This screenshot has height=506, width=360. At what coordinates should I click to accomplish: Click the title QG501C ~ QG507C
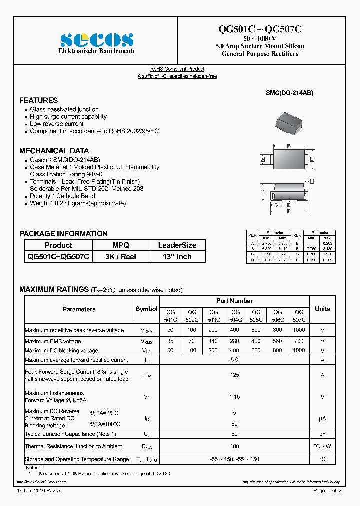click(260, 29)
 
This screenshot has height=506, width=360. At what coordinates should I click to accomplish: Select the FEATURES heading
click(38, 100)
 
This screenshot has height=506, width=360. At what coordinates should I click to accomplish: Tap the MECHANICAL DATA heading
click(54, 150)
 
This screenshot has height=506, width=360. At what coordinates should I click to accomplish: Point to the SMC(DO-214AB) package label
click(289, 93)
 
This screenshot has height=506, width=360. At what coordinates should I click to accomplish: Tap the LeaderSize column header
click(177, 245)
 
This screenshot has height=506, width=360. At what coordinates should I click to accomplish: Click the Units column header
click(322, 309)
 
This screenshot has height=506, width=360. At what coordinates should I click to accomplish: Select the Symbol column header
click(146, 309)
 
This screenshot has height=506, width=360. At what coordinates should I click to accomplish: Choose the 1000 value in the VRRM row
click(299, 330)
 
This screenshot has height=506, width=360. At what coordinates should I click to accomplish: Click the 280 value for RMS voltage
click(234, 341)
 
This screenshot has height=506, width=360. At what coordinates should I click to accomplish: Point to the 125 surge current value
click(234, 375)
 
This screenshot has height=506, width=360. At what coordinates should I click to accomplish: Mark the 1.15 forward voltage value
click(234, 397)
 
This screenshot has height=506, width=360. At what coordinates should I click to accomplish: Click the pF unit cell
click(322, 434)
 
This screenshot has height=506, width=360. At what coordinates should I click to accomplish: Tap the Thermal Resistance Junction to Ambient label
click(73, 446)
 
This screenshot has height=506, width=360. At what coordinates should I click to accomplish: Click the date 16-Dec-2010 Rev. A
click(36, 491)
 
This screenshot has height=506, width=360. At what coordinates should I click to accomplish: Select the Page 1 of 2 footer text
click(327, 491)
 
